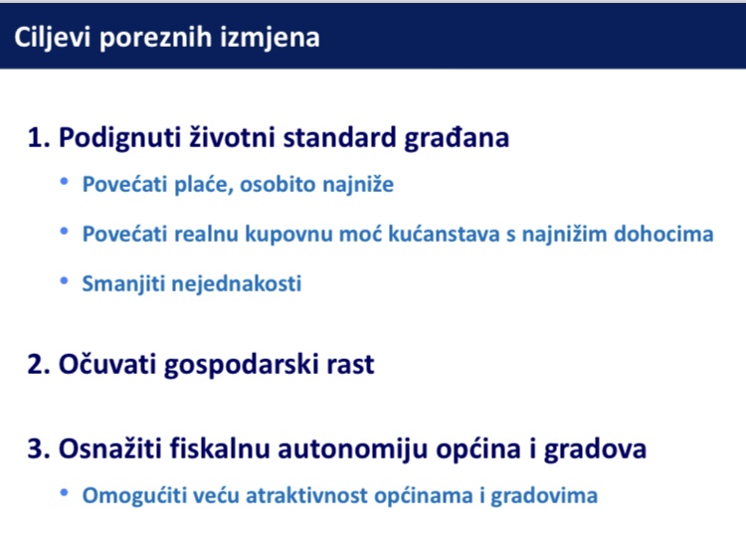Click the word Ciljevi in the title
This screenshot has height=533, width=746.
point(52,38)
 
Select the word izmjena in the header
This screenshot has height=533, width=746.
point(270,38)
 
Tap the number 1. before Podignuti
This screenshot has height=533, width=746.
point(39,137)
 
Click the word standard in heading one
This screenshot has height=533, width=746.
point(340,137)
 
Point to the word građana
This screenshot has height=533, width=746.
point(457,138)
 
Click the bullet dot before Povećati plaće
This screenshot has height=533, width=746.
point(65,181)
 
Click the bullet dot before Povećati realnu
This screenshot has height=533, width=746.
point(65,231)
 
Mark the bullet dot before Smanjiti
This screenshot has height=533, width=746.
point(65,280)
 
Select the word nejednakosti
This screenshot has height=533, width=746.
point(237,283)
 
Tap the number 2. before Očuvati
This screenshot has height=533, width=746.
point(39,364)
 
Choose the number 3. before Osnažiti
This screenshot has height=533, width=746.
point(39,448)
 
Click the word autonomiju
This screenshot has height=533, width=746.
point(352,449)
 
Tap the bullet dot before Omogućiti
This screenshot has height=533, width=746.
point(65,492)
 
